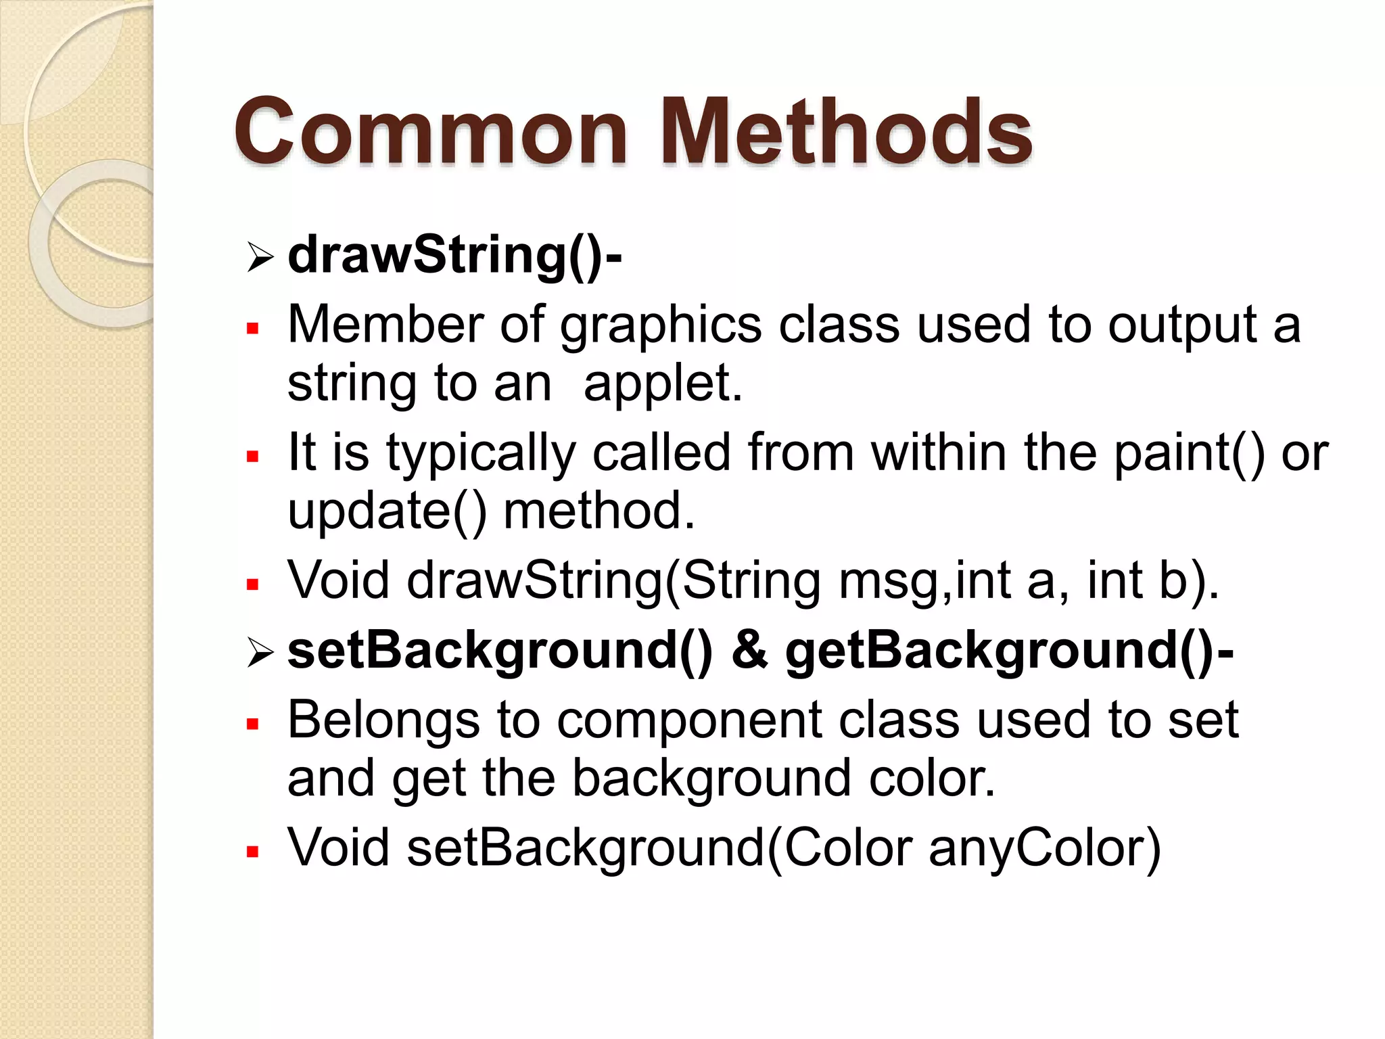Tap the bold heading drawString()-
click(x=454, y=256)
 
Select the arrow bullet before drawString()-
click(x=260, y=258)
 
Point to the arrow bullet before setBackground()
click(x=260, y=653)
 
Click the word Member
click(x=385, y=325)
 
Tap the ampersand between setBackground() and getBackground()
click(x=749, y=651)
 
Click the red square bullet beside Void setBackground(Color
click(x=253, y=852)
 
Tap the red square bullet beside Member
click(x=253, y=329)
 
